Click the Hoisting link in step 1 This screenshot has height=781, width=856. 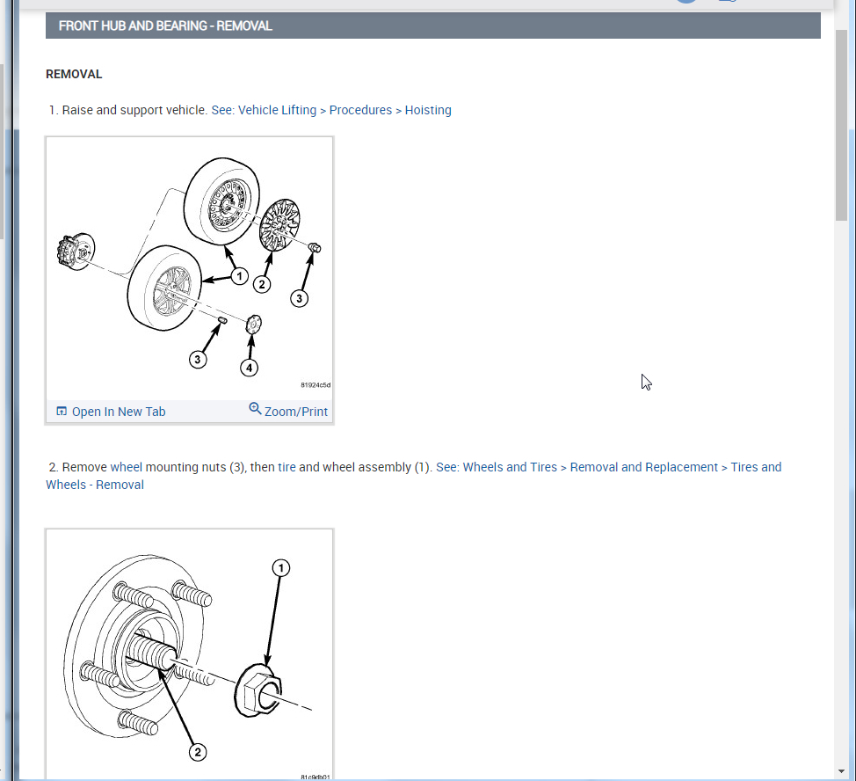(428, 110)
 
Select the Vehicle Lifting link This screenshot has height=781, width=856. (278, 110)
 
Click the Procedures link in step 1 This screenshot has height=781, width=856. (360, 110)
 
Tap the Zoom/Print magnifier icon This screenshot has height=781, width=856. (255, 408)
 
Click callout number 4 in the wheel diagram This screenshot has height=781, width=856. (249, 368)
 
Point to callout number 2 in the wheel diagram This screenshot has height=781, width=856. (262, 284)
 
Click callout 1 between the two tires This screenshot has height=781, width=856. (239, 276)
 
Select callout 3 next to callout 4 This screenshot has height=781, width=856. (198, 360)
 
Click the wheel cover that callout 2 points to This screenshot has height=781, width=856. (279, 224)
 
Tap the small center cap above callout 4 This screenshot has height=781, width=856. (253, 325)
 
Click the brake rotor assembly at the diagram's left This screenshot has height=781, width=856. (76, 252)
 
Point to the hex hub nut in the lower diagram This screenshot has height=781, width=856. (258, 690)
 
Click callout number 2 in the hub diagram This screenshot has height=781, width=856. (198, 753)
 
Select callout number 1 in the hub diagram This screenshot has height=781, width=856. (281, 568)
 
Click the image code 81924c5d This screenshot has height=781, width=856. (316, 385)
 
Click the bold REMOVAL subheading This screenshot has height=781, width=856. (74, 74)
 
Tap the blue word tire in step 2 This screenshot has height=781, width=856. (287, 468)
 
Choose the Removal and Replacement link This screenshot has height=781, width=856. (643, 468)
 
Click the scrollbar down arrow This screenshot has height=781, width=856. (841, 771)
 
